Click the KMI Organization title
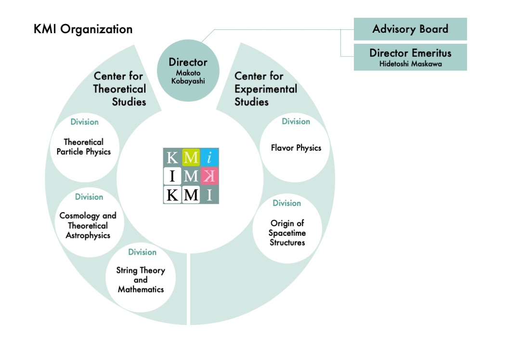(83, 29)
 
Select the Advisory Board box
(410, 29)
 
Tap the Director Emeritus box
(410, 57)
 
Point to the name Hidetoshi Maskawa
(411, 64)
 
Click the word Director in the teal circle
(188, 62)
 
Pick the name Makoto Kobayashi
(188, 77)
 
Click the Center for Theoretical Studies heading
(120, 89)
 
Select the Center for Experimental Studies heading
(266, 89)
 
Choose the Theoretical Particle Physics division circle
(85, 148)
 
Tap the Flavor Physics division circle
(295, 148)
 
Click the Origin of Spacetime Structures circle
(287, 229)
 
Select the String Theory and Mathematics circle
(141, 278)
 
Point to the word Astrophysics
(88, 235)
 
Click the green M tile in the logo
(191, 157)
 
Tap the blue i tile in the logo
(209, 157)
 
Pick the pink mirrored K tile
(209, 176)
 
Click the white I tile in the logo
(172, 176)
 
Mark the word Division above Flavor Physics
(296, 121)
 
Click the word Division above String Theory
(142, 252)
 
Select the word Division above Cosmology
(89, 197)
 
